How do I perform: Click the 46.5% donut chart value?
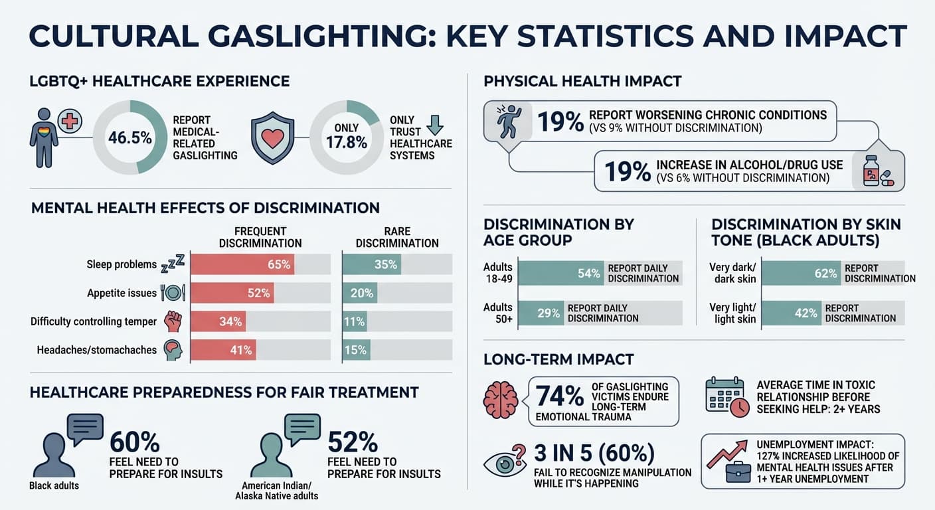pyautogui.click(x=129, y=138)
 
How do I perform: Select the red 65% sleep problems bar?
pyautogui.click(x=242, y=264)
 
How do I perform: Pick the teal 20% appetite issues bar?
pyautogui.click(x=359, y=293)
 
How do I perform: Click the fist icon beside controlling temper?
pyautogui.click(x=173, y=321)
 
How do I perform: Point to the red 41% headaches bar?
pyautogui.click(x=223, y=350)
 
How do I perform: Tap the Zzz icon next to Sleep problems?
pyautogui.click(x=173, y=265)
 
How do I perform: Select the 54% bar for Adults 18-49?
pyautogui.click(x=561, y=273)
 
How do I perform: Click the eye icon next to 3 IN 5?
pyautogui.click(x=504, y=464)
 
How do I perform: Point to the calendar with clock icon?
pyautogui.click(x=726, y=396)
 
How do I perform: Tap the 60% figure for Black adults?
pyautogui.click(x=134, y=442)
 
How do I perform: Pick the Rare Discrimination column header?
pyautogui.click(x=397, y=237)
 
